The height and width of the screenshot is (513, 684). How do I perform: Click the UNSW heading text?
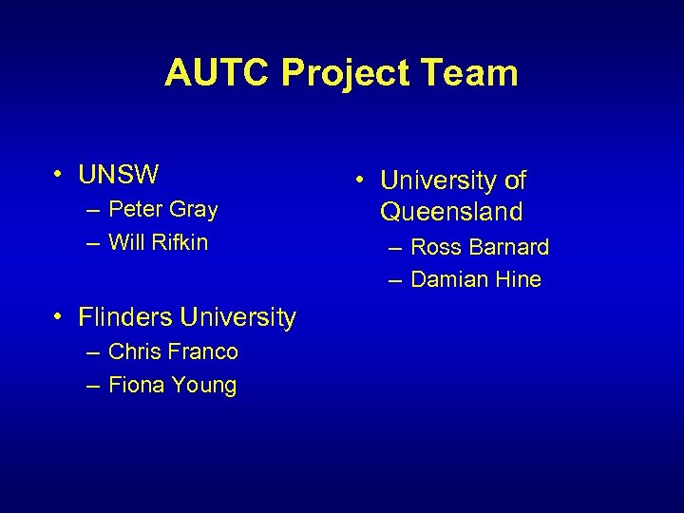tap(119, 175)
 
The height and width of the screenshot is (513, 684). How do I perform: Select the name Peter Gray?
tap(162, 209)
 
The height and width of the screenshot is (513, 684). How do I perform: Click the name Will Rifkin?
tap(158, 242)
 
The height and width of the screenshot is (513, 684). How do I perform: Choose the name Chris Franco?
tap(173, 351)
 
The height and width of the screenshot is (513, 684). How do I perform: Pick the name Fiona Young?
tap(172, 385)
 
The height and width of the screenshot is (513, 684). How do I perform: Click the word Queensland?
tap(451, 211)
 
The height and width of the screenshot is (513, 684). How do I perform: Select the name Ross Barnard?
tap(480, 247)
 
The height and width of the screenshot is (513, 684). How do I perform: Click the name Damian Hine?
tap(476, 279)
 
